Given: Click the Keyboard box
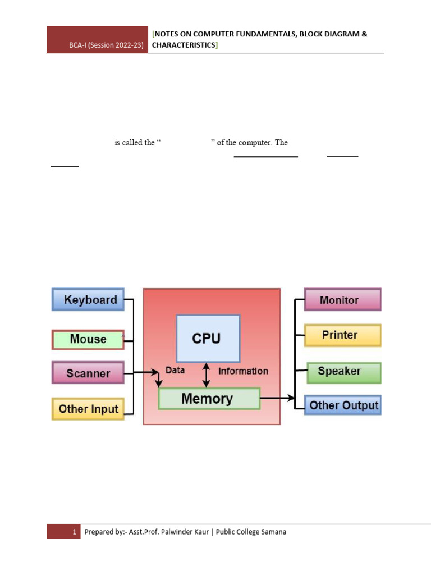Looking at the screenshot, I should [88, 299].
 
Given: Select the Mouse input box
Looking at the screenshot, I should [88, 340].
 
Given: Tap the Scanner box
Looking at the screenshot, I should [88, 373].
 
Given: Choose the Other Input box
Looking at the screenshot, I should [88, 409].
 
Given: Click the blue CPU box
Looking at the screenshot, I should [208, 338].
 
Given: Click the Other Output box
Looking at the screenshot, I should [343, 405].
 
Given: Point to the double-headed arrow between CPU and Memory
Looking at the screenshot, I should [207, 375].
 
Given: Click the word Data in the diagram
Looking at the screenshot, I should [175, 371].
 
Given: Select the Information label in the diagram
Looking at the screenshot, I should [243, 371].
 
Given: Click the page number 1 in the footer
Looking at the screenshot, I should [74, 532].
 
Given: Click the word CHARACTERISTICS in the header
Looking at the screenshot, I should [184, 45].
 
